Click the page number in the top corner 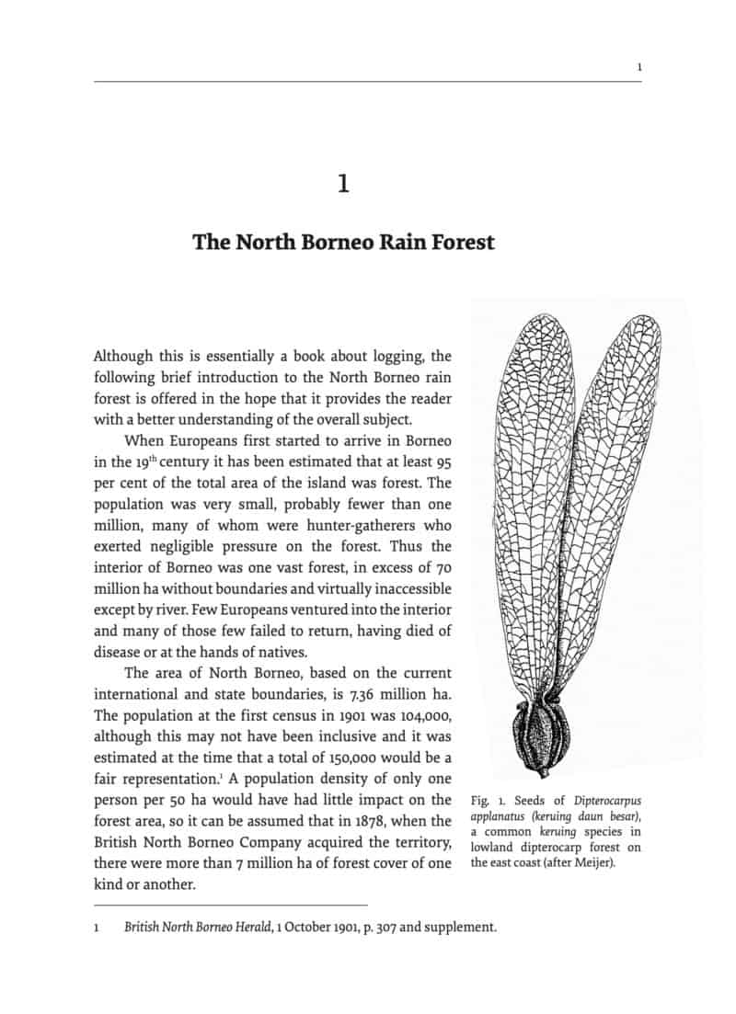point(639,67)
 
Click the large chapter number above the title point(343,184)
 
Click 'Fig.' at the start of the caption point(480,801)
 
